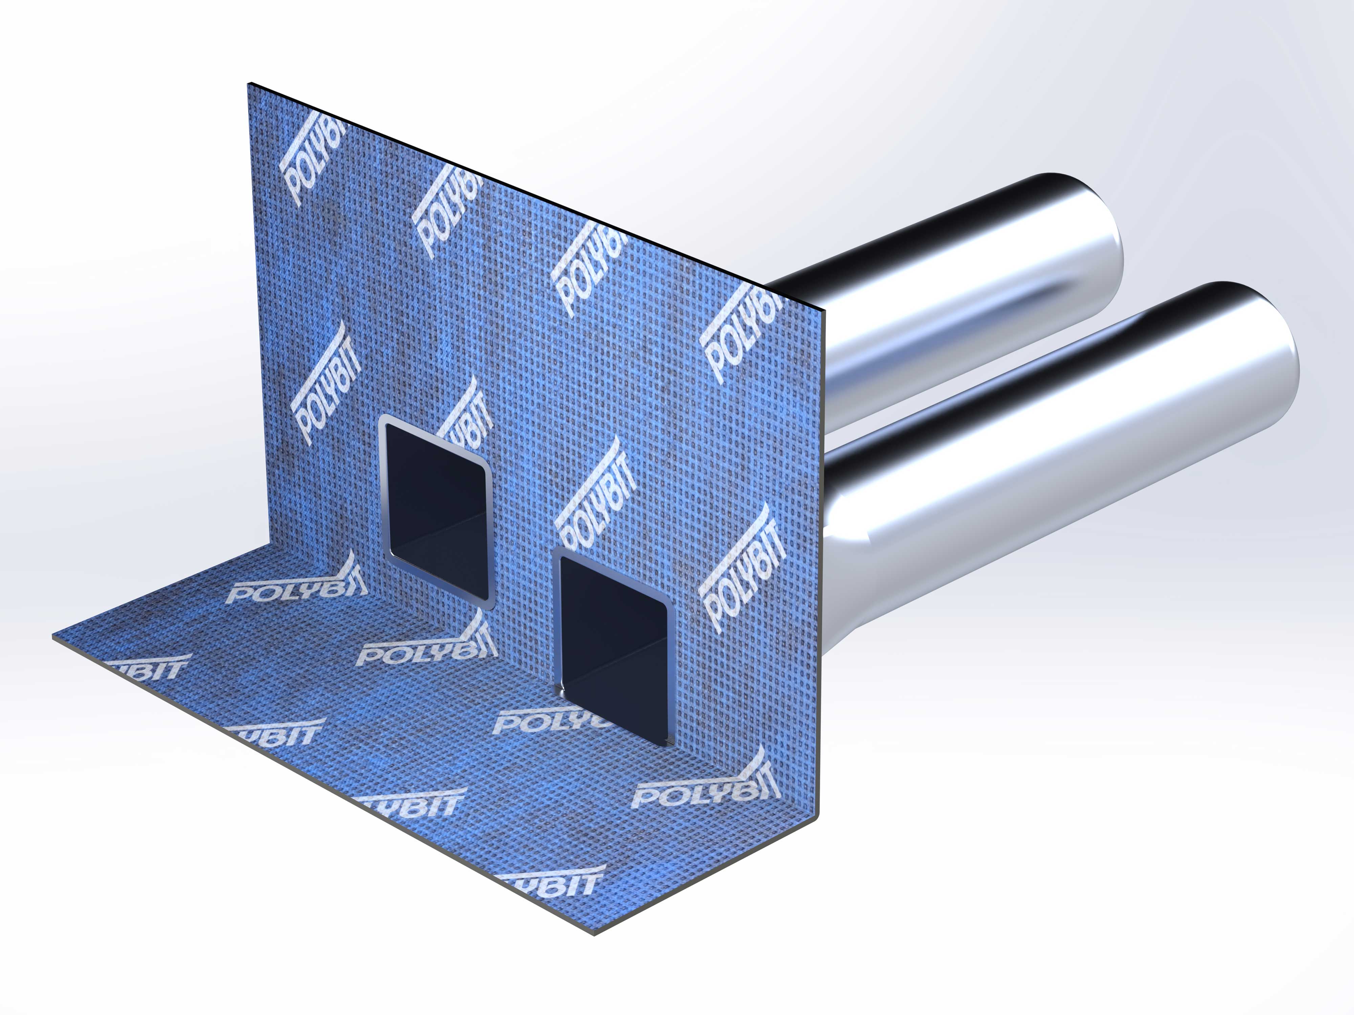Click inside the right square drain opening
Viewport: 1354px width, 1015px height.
click(x=612, y=649)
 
